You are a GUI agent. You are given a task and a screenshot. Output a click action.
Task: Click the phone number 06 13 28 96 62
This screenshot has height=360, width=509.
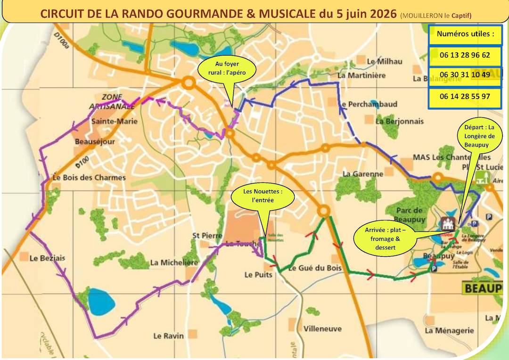tap(465, 55)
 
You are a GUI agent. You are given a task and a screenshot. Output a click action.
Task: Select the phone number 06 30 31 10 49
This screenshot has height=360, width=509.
tap(465, 75)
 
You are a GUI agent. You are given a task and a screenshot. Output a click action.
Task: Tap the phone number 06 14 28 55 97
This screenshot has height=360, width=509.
tap(465, 96)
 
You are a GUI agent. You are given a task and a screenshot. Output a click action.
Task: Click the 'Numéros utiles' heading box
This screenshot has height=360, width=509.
tap(465, 34)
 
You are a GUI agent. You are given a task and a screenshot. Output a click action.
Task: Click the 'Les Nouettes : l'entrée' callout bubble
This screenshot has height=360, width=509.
tap(263, 196)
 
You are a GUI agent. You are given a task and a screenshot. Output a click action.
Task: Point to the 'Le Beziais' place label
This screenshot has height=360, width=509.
tap(47, 258)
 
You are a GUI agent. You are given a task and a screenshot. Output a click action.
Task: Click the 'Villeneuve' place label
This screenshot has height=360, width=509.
tap(323, 328)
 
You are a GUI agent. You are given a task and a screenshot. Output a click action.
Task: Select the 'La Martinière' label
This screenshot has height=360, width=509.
tap(361, 75)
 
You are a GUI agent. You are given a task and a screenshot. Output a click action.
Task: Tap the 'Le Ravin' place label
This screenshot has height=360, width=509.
tap(169, 336)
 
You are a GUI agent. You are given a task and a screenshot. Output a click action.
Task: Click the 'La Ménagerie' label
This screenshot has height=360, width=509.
tap(449, 331)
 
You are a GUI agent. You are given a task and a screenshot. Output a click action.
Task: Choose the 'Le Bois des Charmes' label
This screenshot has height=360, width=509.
tap(89, 178)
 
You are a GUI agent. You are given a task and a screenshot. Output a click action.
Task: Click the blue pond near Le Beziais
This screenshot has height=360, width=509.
tap(101, 302)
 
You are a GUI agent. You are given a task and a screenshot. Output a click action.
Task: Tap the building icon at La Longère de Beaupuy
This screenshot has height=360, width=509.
tap(447, 223)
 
